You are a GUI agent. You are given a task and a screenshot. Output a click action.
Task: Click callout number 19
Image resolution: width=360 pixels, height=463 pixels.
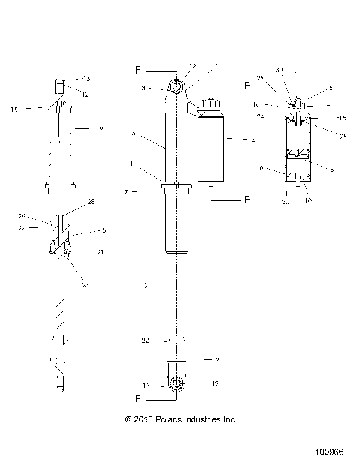99,129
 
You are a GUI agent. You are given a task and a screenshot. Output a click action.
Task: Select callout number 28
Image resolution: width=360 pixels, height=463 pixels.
91,202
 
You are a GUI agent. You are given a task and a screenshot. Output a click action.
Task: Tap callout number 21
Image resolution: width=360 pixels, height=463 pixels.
100,252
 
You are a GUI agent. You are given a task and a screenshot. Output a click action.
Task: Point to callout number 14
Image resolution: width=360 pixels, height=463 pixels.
129,163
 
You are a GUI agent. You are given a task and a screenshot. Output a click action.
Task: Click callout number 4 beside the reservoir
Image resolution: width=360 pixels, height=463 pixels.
253,140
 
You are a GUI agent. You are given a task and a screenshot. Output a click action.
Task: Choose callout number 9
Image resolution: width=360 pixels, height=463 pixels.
331,170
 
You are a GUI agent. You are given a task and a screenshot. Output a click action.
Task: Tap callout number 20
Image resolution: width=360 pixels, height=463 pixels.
285,201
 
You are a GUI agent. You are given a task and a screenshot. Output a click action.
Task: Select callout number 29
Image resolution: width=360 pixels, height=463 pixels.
260,77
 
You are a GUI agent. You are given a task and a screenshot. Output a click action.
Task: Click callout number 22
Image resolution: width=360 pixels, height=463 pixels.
145,341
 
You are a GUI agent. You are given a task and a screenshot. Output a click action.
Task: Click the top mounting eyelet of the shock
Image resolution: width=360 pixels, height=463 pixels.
178,87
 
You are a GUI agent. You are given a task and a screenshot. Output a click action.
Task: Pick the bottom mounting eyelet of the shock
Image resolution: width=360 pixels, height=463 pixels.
177,383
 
